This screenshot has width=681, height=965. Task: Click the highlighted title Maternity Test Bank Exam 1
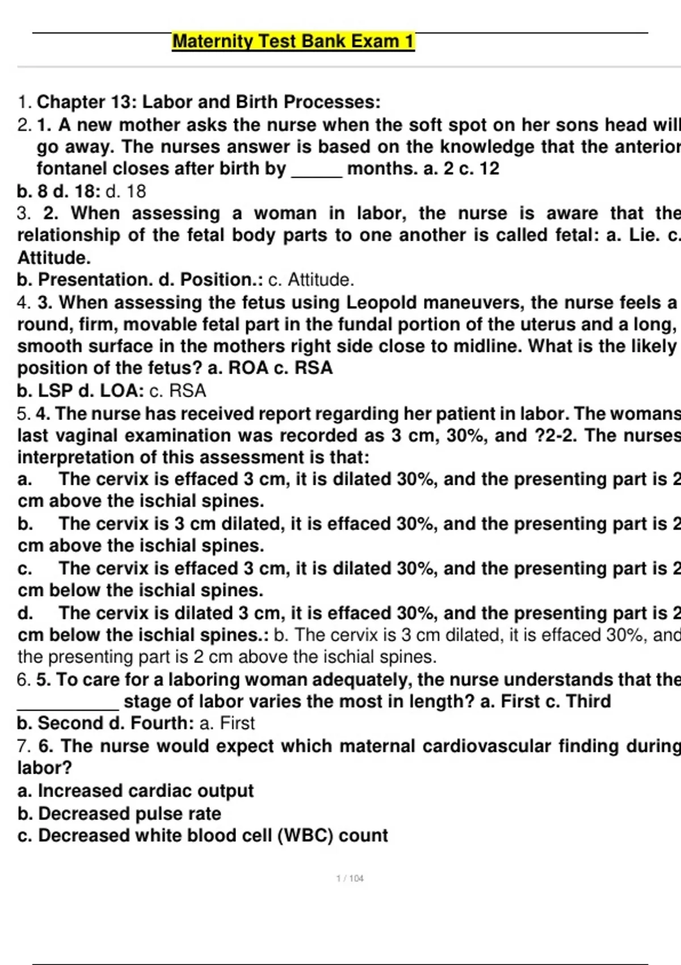pyautogui.click(x=293, y=41)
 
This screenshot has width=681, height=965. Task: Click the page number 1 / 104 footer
pyautogui.click(x=350, y=878)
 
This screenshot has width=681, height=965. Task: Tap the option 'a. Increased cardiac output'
pyautogui.click(x=136, y=790)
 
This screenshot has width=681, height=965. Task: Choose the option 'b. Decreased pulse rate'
pyautogui.click(x=119, y=813)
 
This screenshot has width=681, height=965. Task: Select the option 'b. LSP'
pyautogui.click(x=45, y=391)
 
